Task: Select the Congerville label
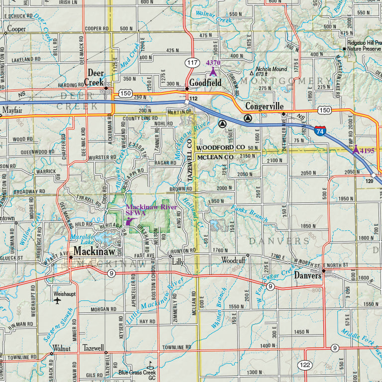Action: point(264,106)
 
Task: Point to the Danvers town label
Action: point(307,275)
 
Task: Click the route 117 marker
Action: point(192,63)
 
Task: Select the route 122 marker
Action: point(305,366)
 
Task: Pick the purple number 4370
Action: point(213,63)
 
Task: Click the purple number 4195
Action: point(367,150)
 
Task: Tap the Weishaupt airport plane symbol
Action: point(58,301)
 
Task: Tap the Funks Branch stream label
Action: point(250,214)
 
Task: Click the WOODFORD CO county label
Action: point(220,148)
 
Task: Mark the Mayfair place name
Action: point(12,110)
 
